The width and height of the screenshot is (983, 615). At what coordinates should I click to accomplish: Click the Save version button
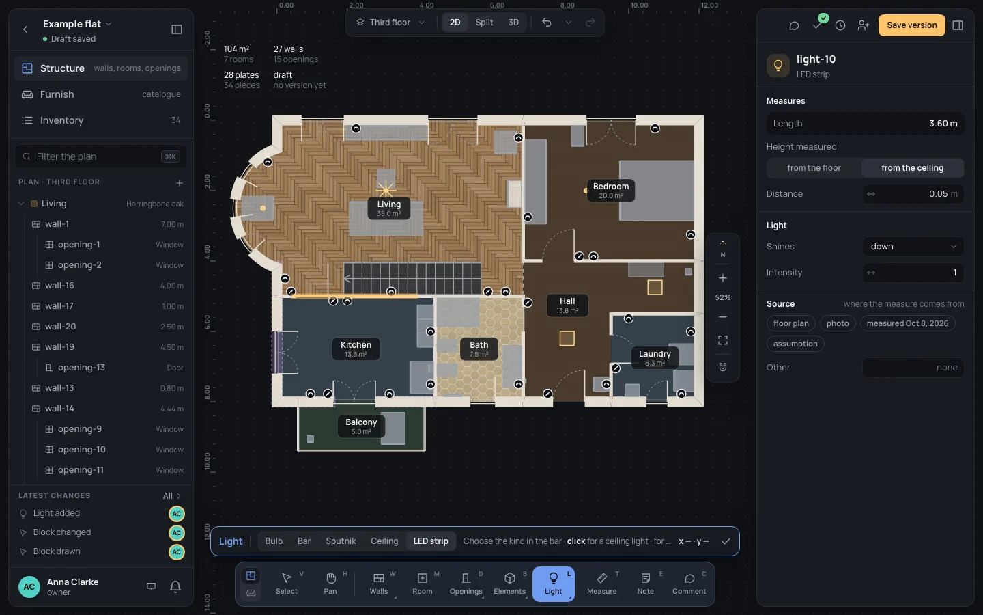click(911, 25)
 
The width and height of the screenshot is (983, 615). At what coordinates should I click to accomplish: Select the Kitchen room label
click(356, 348)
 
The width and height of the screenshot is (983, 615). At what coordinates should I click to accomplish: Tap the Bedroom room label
click(611, 190)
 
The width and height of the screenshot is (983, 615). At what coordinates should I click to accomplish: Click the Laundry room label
click(655, 357)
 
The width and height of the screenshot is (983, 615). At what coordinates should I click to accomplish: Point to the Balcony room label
click(361, 426)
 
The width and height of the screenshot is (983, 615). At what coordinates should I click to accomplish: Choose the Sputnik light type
click(341, 541)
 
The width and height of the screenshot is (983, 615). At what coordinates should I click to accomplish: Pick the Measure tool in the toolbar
click(601, 584)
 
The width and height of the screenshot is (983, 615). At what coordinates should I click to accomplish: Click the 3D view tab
click(513, 23)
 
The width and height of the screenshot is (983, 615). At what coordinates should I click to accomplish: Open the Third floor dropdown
click(390, 23)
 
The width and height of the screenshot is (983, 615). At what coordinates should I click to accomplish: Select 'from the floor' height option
click(814, 168)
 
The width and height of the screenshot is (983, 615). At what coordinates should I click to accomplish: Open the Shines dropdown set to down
click(913, 247)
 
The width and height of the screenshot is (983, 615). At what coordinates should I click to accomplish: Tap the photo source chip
click(838, 323)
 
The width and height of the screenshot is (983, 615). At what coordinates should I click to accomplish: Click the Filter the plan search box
click(101, 156)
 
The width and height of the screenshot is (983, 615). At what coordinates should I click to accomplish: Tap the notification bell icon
click(175, 586)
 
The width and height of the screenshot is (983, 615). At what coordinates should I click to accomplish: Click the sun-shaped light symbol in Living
click(386, 190)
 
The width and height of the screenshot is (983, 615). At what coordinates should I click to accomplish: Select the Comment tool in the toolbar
click(689, 584)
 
